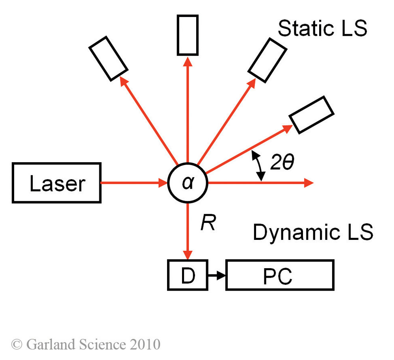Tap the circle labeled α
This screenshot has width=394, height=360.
coord(188,183)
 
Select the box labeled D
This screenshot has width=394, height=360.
coord(188,275)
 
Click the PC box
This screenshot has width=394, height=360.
coord(279,275)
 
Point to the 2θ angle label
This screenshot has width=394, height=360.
coord(282,163)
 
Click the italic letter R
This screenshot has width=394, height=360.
coord(208,223)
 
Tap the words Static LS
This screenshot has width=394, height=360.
coord(322,28)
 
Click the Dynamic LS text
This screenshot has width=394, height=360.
coord(313,232)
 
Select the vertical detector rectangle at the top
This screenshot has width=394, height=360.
coord(188,35)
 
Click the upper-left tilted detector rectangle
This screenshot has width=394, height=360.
coord(108,58)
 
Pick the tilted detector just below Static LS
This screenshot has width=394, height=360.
coord(268,60)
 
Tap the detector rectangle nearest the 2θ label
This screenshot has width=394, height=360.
coord(311,114)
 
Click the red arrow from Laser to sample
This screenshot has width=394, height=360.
coord(134,183)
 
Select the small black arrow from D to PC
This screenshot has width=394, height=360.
coord(216,275)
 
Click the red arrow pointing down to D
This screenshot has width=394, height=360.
coord(188,232)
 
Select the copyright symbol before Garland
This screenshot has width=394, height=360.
coord(17,344)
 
